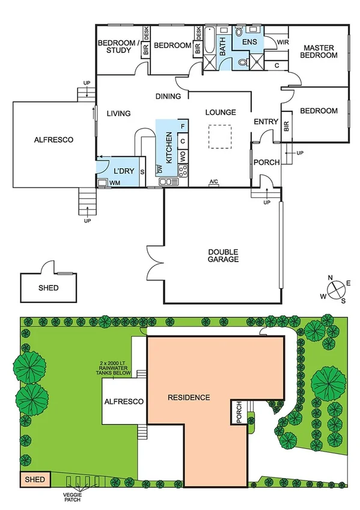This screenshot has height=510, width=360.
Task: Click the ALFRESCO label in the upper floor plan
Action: (x=53, y=140)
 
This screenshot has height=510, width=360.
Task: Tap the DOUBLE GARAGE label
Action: (x=224, y=256)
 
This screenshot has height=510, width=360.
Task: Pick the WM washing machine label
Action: (x=114, y=182)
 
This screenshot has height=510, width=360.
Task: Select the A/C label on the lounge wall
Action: (x=214, y=182)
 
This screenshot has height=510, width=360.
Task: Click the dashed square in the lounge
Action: (x=219, y=136)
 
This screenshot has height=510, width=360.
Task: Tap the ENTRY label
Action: (x=266, y=122)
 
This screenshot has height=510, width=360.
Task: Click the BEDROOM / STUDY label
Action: (x=118, y=46)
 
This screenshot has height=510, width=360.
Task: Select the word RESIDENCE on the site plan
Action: (x=189, y=397)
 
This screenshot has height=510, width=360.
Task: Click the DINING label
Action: (x=168, y=96)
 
